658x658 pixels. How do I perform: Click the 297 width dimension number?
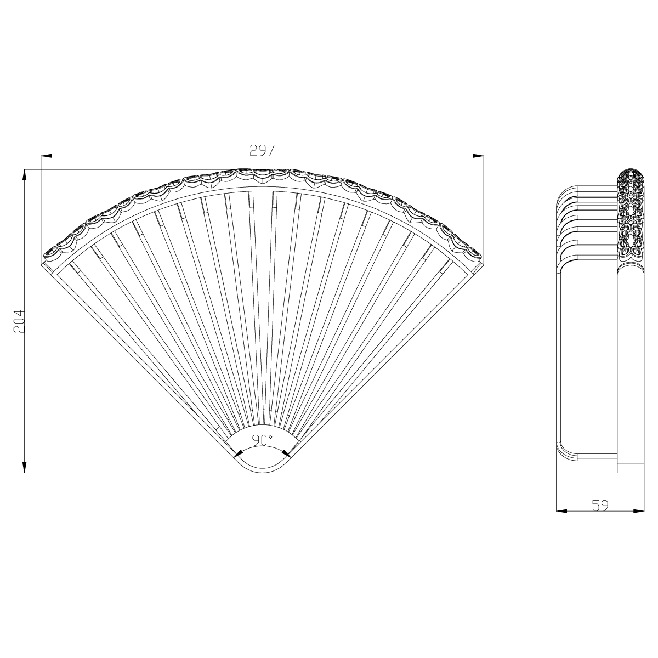(x=262, y=150)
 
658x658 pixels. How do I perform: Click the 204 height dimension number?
(x=18, y=322)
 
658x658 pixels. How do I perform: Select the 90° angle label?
(x=263, y=440)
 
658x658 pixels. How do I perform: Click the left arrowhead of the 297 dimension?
(x=46, y=157)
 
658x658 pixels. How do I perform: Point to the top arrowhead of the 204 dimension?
(x=25, y=175)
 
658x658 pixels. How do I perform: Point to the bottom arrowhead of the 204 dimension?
(x=25, y=467)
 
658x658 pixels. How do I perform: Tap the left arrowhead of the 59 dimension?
(x=561, y=511)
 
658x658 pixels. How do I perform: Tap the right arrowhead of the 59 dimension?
(x=639, y=511)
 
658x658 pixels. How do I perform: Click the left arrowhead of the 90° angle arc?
(x=238, y=453)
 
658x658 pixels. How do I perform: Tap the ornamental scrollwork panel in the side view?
(x=631, y=217)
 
